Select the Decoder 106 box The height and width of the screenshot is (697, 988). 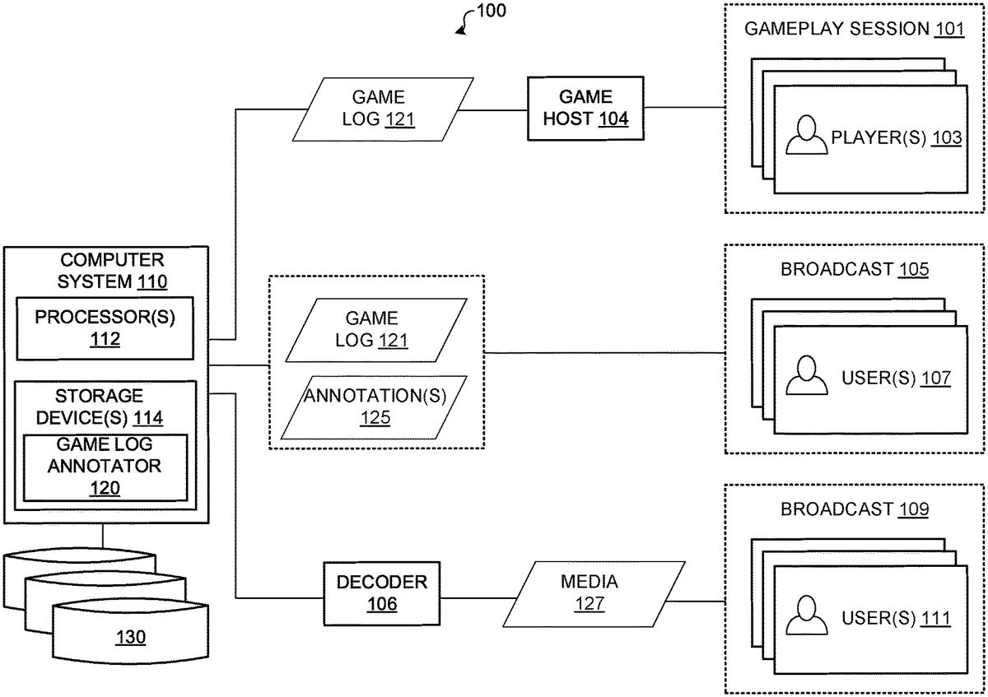382,593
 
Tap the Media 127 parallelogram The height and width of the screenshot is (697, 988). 590,593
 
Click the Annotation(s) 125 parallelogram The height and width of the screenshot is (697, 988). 375,407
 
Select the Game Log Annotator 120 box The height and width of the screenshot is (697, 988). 105,467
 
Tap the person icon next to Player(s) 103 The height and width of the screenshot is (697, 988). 806,137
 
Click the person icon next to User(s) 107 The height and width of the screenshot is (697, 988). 806,377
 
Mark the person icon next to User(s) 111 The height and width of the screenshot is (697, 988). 806,617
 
